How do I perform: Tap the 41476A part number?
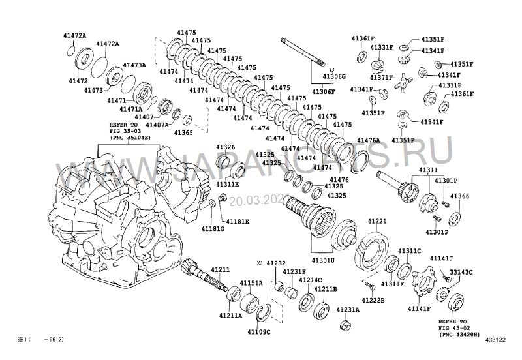369,140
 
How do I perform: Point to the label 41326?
226,147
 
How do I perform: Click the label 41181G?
213,229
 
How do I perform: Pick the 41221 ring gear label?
378,221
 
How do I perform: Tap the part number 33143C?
461,272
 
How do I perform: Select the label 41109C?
258,332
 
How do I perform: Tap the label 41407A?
157,124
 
